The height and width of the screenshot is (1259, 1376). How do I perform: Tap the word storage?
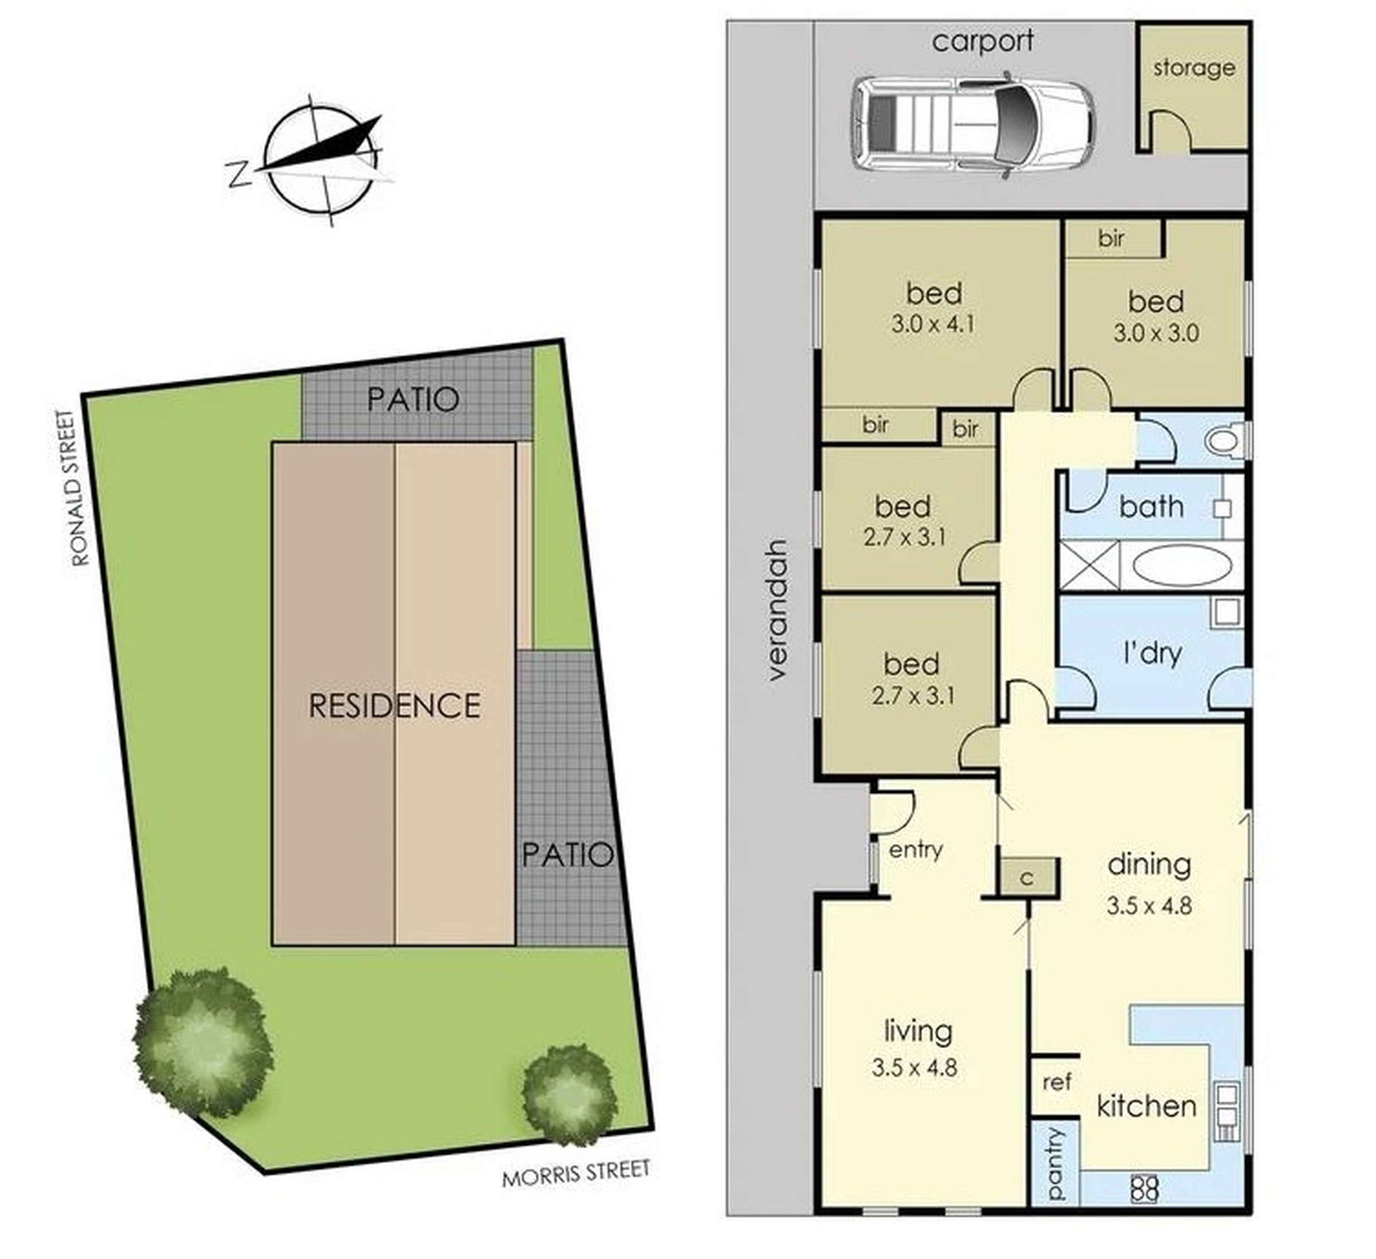coord(1194,68)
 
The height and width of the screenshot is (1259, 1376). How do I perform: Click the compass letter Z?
coord(237,175)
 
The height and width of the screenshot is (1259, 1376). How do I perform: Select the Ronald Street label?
coord(80,488)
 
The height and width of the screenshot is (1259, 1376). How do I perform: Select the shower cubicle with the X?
coord(1089,564)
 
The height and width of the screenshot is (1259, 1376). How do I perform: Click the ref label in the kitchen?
coord(1057,1082)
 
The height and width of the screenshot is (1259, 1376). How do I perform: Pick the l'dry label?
coord(1153,654)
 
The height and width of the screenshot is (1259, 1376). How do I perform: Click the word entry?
coord(916,850)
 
